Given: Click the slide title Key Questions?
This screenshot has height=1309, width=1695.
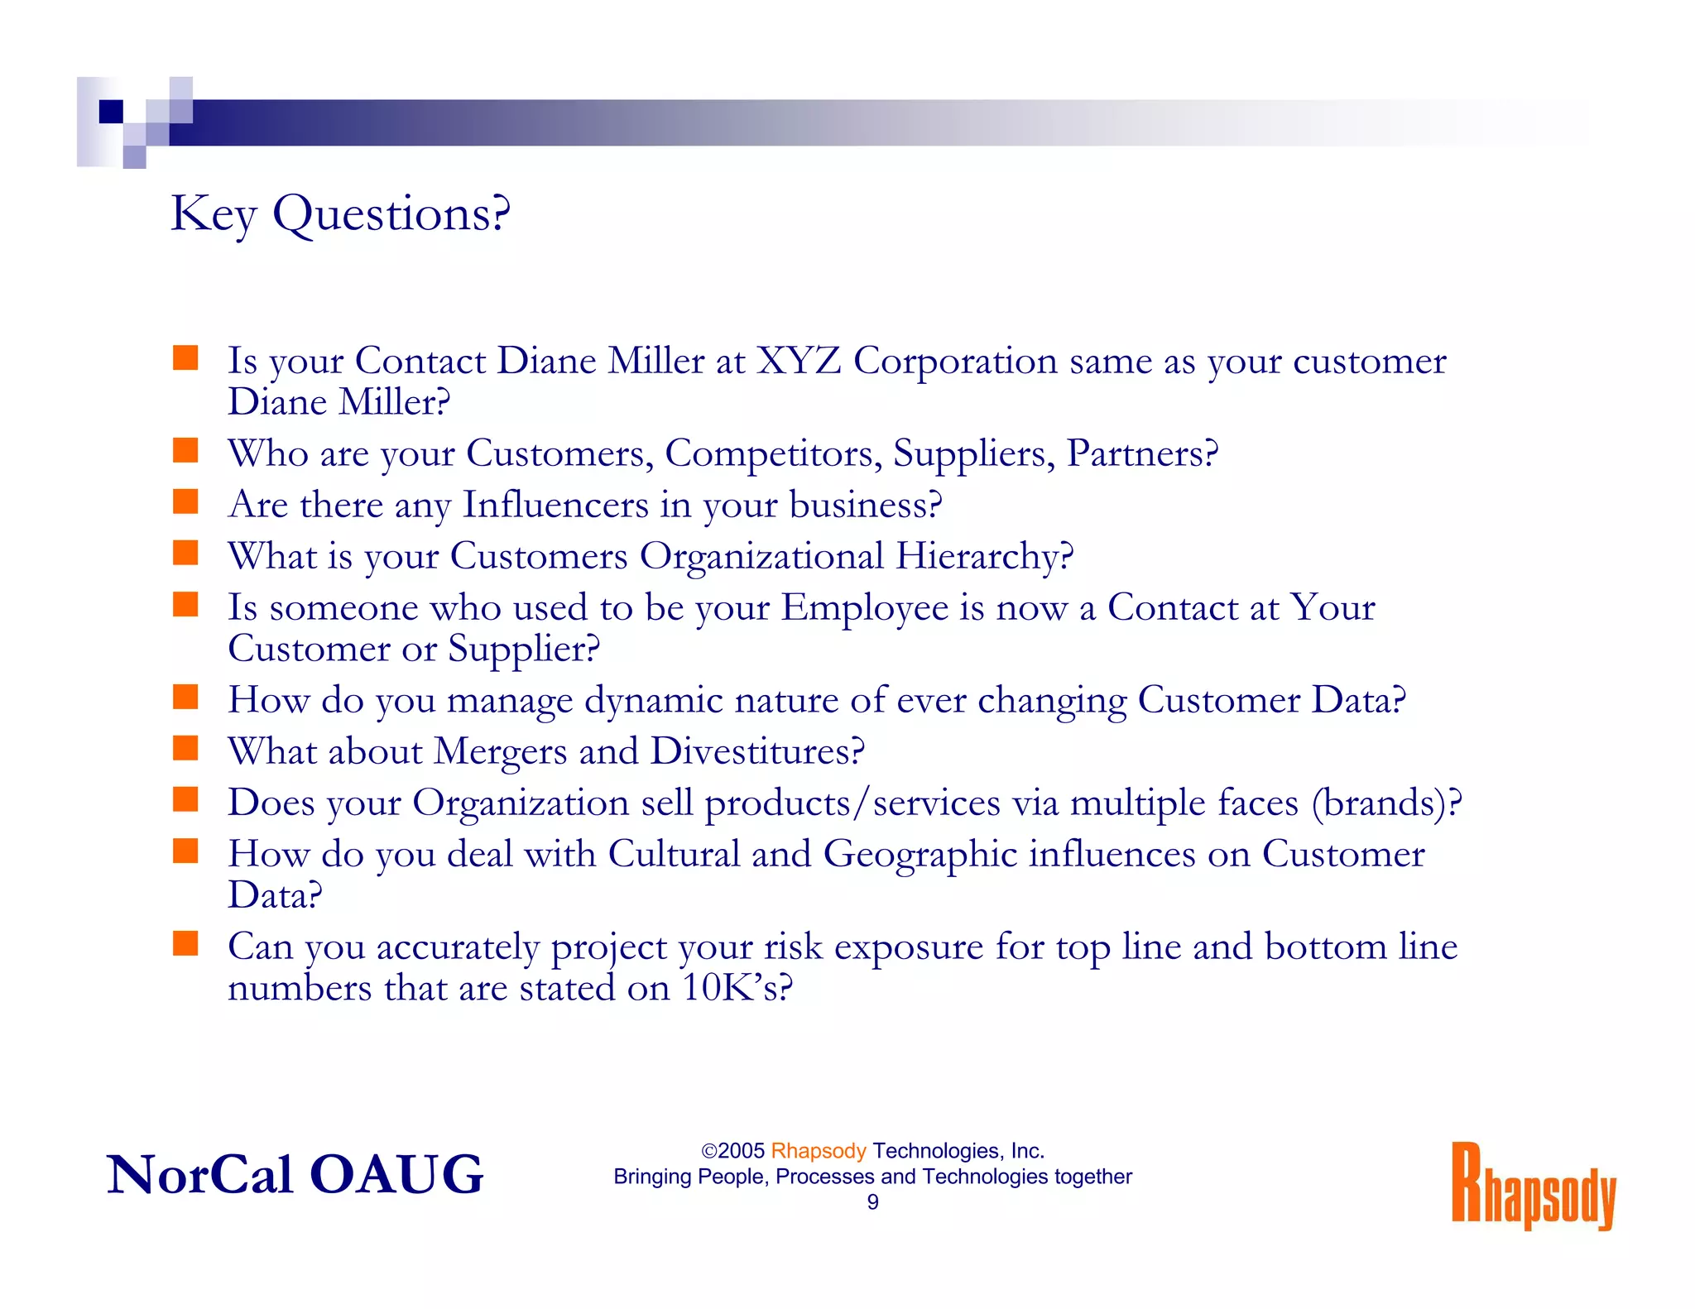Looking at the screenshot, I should click(x=340, y=214).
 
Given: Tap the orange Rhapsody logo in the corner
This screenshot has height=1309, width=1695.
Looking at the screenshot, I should click(x=1533, y=1186).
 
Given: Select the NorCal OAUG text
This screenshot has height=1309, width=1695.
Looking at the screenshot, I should click(x=295, y=1174).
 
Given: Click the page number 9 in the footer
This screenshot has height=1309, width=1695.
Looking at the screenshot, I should click(x=872, y=1202).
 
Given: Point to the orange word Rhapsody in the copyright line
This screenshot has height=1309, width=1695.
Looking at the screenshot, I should click(x=818, y=1151).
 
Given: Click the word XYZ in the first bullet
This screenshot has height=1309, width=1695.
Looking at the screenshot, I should click(x=799, y=361).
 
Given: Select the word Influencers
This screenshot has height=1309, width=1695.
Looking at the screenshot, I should click(x=555, y=505).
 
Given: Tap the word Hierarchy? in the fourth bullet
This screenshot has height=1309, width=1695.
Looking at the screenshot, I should click(x=984, y=556).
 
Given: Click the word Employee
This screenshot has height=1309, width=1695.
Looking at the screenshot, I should click(x=865, y=607).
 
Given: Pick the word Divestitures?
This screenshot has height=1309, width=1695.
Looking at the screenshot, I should click(x=757, y=751).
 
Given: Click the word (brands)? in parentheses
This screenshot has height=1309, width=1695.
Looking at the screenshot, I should click(x=1386, y=803).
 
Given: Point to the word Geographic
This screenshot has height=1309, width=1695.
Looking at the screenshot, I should click(x=920, y=854).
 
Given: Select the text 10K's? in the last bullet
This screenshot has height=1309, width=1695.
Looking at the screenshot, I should click(x=737, y=987).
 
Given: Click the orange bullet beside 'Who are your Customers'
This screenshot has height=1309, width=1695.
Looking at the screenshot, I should click(x=185, y=451).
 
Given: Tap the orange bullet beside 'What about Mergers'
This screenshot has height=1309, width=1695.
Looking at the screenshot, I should click(x=185, y=748).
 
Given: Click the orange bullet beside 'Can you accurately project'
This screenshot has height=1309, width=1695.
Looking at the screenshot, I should click(x=185, y=943).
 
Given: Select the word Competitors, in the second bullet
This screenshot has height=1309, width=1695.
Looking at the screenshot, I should click(x=773, y=453).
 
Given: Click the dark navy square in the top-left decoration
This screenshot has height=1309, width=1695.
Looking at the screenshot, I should click(x=111, y=111).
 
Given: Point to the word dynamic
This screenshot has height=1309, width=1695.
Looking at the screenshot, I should click(x=654, y=700).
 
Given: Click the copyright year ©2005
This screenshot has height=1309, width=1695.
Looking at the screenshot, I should click(x=732, y=1151).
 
